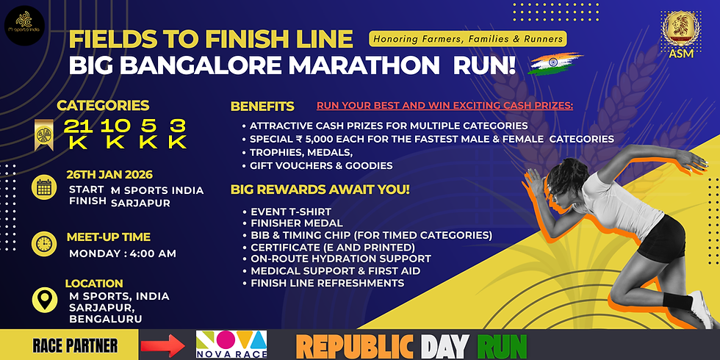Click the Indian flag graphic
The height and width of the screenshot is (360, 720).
pos(555,64)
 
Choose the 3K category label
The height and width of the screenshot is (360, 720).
pos(177,133)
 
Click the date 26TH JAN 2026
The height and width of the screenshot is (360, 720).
pos(110,175)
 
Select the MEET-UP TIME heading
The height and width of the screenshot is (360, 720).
pos(108,237)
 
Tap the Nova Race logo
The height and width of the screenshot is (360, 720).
pos(231,344)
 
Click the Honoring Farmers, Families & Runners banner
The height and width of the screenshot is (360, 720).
pos(467,38)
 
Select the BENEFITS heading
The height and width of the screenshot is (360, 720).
pos(262,106)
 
